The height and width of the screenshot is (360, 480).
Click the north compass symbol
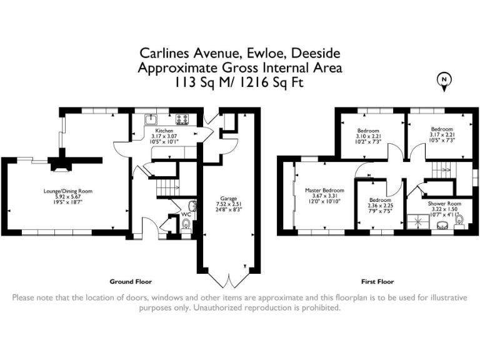[444, 80]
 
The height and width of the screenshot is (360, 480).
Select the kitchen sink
[151, 118]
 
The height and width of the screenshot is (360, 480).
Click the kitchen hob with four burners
[182, 118]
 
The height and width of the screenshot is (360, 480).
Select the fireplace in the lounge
[60, 164]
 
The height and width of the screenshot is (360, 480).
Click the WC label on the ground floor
[186, 214]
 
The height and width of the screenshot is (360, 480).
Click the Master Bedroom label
[324, 190]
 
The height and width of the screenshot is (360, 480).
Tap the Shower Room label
[444, 204]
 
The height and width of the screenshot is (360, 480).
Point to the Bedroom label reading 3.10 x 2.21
[368, 131]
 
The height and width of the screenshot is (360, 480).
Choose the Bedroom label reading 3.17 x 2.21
[442, 129]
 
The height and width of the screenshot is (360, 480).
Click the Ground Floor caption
[131, 282]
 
